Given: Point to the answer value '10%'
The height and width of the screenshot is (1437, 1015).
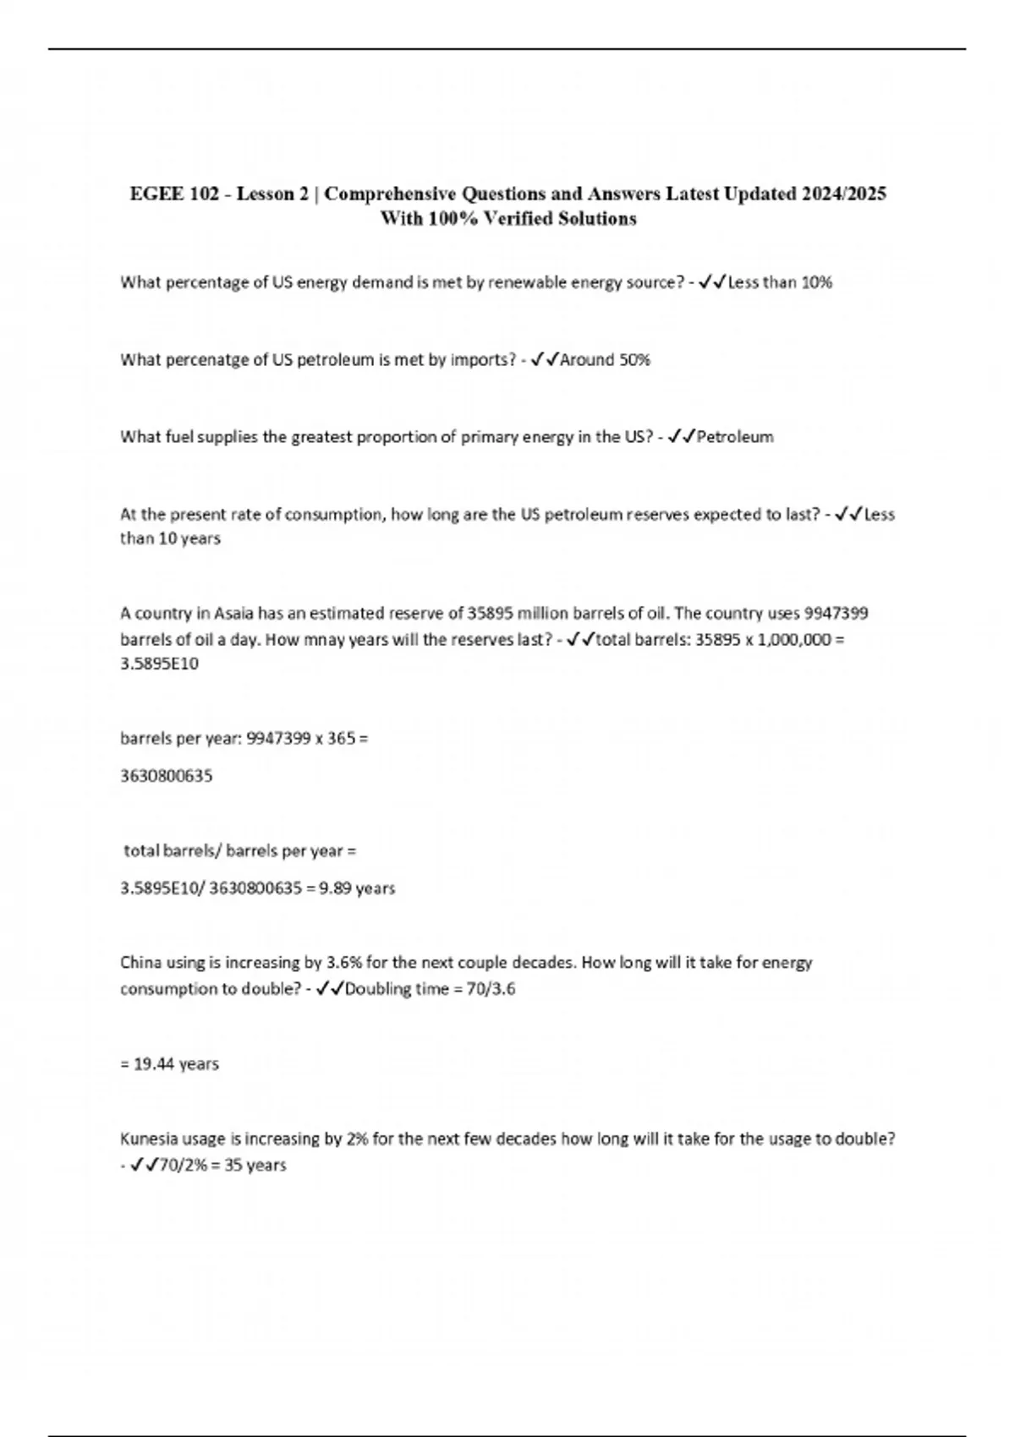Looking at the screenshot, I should pos(816,282).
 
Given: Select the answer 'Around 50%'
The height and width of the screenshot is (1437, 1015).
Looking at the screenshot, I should pos(605,360).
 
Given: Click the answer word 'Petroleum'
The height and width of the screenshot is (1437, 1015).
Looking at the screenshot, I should pos(734,437).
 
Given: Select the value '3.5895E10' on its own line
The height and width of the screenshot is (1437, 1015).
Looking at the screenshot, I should pos(160,664).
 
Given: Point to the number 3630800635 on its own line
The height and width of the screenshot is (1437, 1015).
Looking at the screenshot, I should pos(167,776).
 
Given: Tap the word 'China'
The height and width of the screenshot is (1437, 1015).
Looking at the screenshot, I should pos(140,963).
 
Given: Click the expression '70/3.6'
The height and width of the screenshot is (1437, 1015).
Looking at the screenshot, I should pos(491,989).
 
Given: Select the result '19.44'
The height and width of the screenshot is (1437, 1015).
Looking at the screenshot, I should pos(154,1064).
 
